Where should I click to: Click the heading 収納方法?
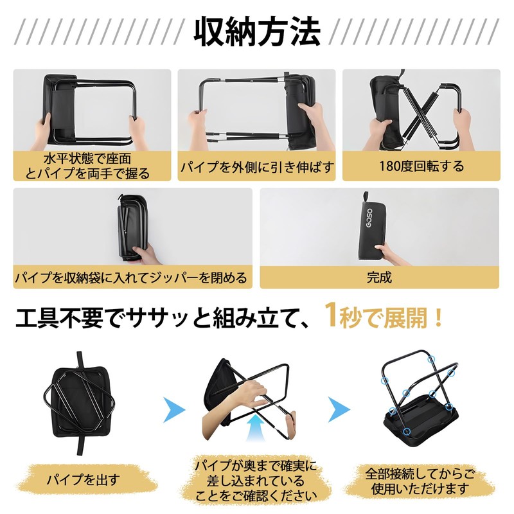[257, 32]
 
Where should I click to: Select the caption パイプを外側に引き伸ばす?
[257, 168]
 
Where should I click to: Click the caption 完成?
[379, 278]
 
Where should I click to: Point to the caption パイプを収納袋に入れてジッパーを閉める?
[131, 278]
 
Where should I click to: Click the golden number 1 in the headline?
[331, 316]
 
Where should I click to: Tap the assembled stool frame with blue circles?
[418, 398]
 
